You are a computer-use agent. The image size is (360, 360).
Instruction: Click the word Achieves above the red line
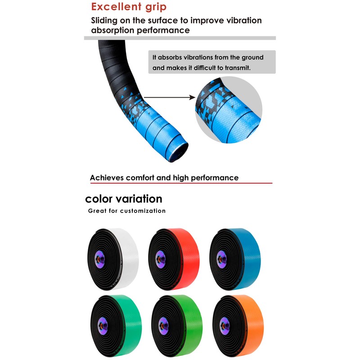pos(110,178)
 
